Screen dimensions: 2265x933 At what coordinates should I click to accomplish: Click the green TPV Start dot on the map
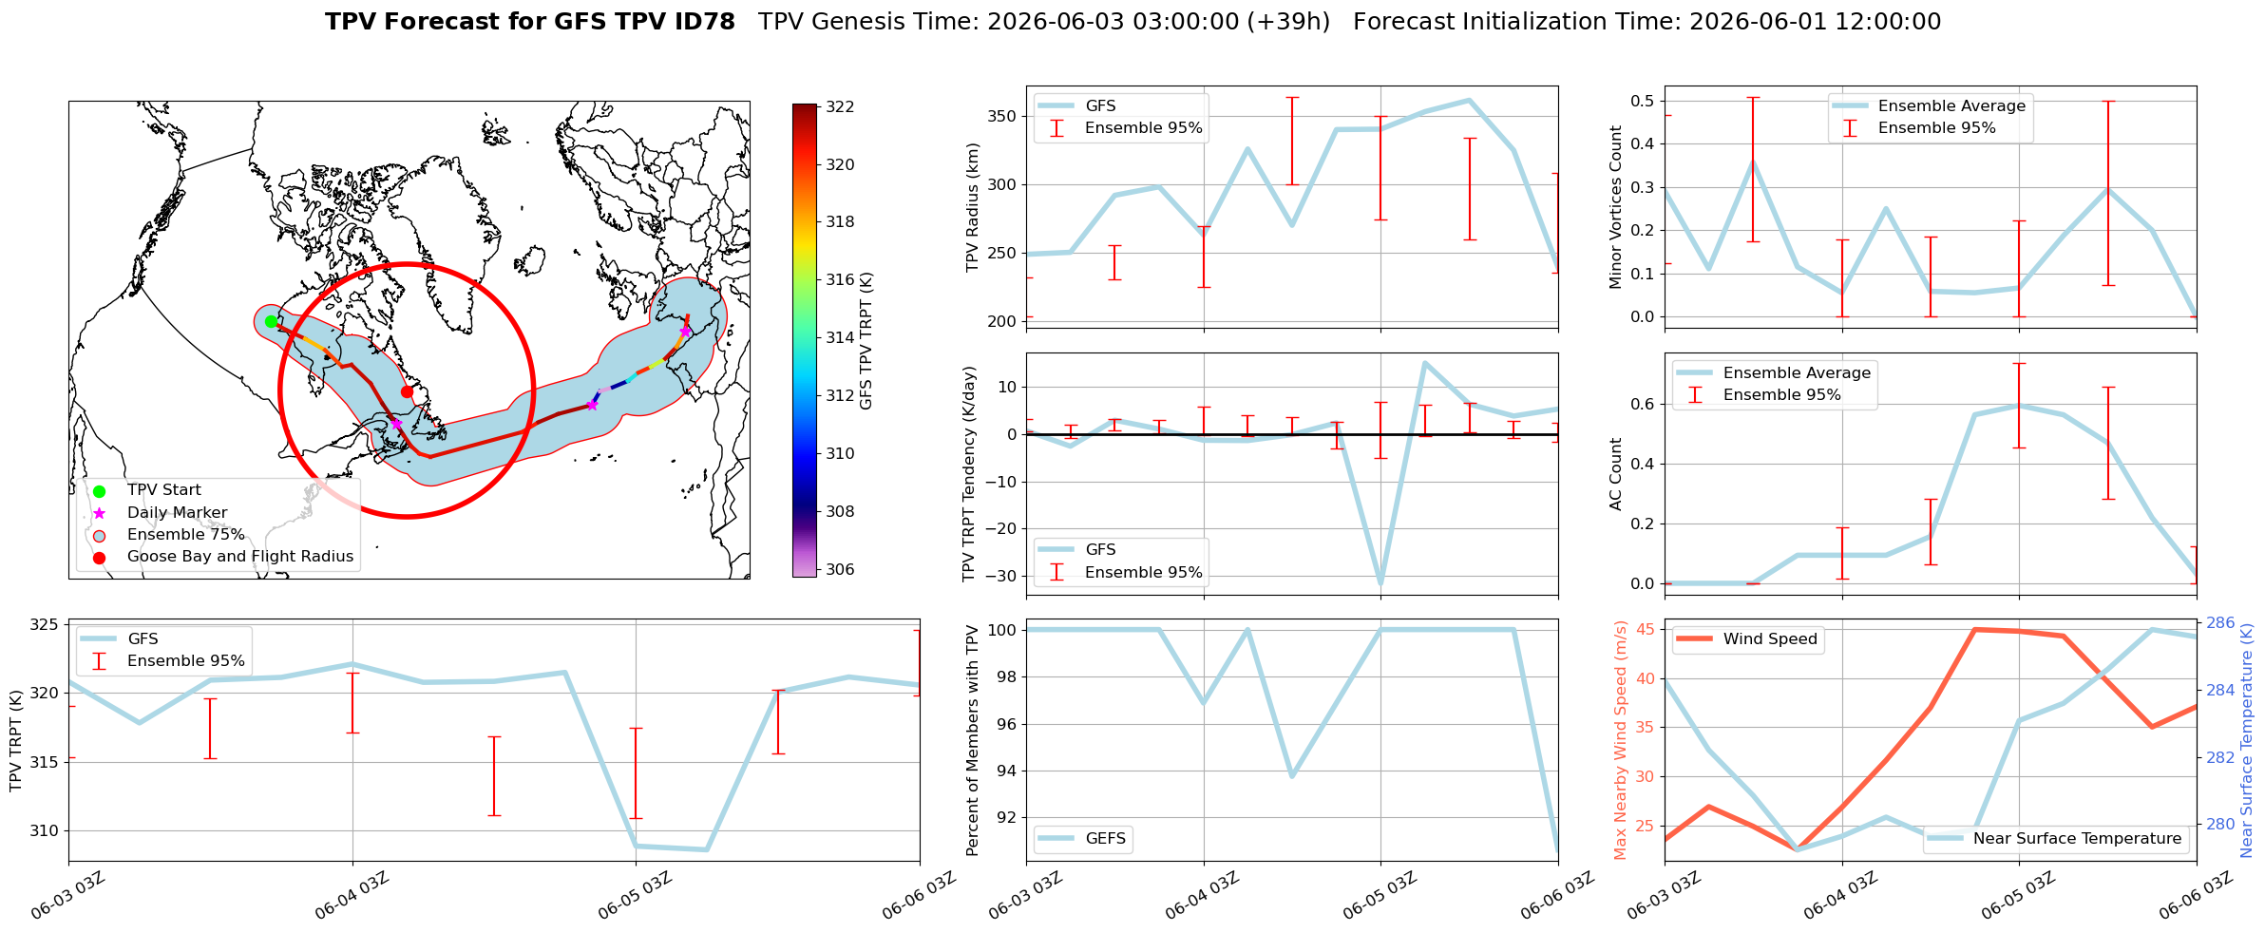271,321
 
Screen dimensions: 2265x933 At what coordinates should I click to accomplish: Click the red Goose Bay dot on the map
407,391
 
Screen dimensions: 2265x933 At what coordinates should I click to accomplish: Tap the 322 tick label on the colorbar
840,107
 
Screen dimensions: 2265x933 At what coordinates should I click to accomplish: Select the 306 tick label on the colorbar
840,570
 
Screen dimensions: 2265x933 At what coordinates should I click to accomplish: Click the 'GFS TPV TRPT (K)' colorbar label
866,341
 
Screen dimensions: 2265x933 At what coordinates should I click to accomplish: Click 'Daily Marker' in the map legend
177,512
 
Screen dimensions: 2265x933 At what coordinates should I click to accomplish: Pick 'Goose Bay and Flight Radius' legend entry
240,557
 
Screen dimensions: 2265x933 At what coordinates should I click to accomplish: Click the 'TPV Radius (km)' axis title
973,207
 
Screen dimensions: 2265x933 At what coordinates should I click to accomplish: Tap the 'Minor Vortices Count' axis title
1616,207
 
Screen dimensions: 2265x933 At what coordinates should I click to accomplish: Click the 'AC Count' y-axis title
1616,474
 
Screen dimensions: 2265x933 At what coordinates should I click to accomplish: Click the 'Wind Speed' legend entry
1770,639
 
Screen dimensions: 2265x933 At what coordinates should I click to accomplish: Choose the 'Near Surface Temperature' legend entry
2077,838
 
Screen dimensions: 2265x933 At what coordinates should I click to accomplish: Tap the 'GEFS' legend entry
1106,838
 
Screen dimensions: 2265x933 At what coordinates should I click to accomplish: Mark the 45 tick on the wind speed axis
1646,630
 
